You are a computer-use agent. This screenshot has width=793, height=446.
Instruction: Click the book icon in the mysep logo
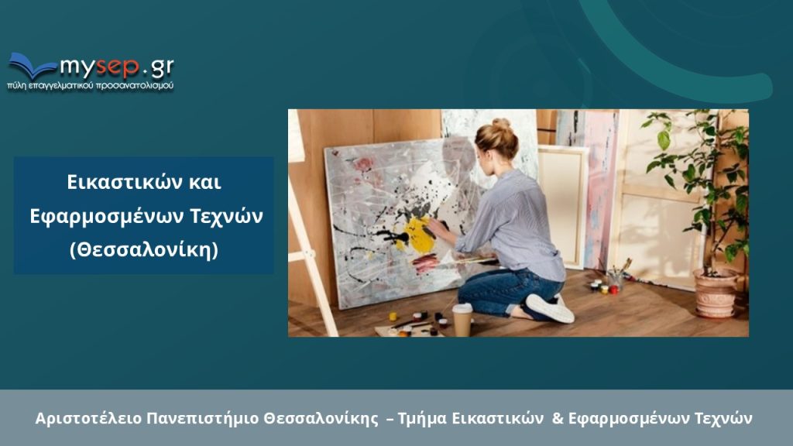(x=31, y=65)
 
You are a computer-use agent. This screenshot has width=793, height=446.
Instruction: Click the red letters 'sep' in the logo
(x=118, y=67)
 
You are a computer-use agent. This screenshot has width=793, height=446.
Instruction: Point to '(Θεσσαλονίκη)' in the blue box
(x=144, y=249)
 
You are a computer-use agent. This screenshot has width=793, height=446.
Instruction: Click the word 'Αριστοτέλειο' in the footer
(x=88, y=419)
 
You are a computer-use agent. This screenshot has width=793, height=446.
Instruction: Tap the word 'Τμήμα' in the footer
(x=422, y=419)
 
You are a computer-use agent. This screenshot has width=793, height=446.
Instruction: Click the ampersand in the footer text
(x=558, y=418)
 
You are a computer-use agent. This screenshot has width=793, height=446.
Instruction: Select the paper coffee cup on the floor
(x=462, y=320)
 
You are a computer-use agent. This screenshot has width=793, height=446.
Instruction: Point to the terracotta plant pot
(x=715, y=293)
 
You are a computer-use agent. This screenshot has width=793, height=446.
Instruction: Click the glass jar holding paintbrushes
(x=615, y=280)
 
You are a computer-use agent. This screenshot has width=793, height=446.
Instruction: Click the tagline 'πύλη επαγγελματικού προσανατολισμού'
(x=91, y=85)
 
